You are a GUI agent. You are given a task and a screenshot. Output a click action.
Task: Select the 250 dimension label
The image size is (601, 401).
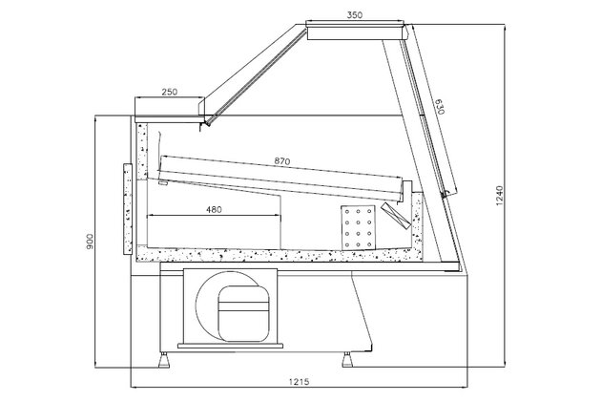point(170,92)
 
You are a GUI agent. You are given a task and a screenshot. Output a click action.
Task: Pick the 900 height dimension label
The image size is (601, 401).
point(88,244)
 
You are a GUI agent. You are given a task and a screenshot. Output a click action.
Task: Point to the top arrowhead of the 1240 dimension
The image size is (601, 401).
point(502,29)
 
